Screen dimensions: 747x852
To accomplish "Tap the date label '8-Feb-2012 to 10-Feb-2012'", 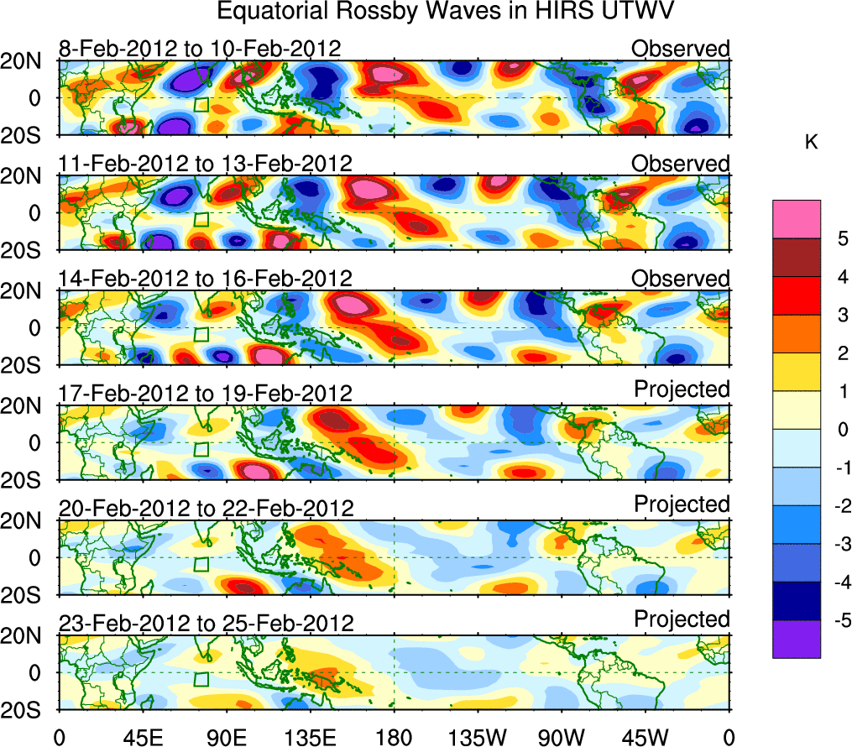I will (200, 49).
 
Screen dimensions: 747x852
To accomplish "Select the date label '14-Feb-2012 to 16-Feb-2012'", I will (205, 279).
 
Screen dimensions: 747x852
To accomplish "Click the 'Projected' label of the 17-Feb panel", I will (682, 389).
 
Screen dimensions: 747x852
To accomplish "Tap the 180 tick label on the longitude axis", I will (394, 736).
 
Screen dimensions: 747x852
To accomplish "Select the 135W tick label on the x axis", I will (477, 736).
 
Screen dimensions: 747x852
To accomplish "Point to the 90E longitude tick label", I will (226, 736).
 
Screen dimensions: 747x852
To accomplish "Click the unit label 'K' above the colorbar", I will (811, 144).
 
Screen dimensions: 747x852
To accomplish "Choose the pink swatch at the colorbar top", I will (796, 219).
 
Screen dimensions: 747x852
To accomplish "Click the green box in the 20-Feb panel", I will (201, 563).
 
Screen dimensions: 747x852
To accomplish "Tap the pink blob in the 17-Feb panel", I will (253, 471).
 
